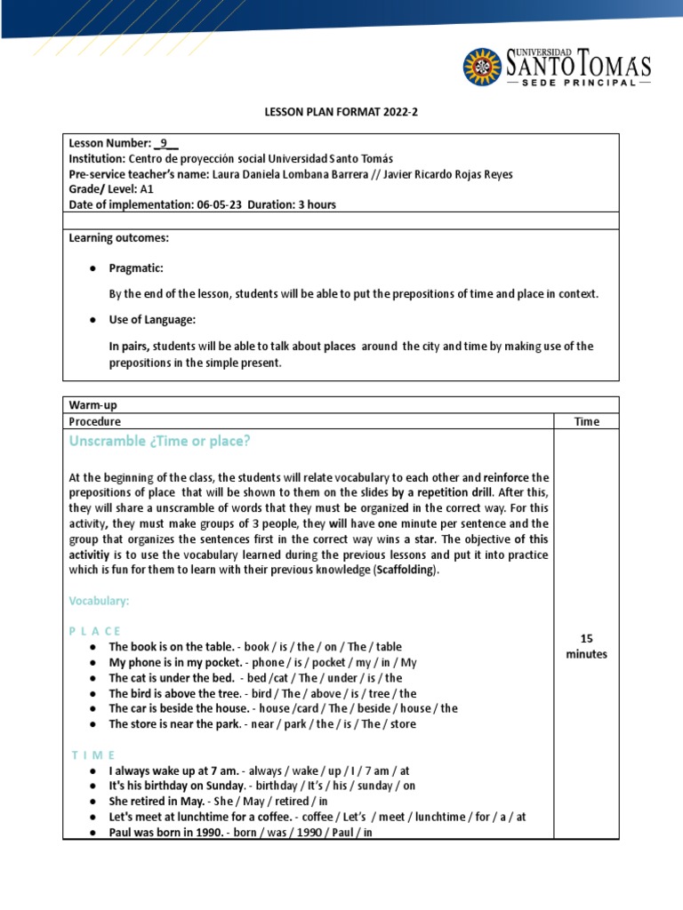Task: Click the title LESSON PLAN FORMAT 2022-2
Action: tap(341, 113)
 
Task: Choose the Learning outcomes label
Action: tap(118, 238)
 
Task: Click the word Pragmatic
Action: tap(135, 267)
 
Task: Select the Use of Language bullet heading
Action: tap(152, 319)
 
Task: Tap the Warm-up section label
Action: tap(92, 405)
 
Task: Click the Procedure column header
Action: tap(95, 421)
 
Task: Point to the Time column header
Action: tap(586, 421)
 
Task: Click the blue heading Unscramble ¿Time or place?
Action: tap(159, 442)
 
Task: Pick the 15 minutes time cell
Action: tap(586, 646)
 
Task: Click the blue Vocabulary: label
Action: tap(99, 602)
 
